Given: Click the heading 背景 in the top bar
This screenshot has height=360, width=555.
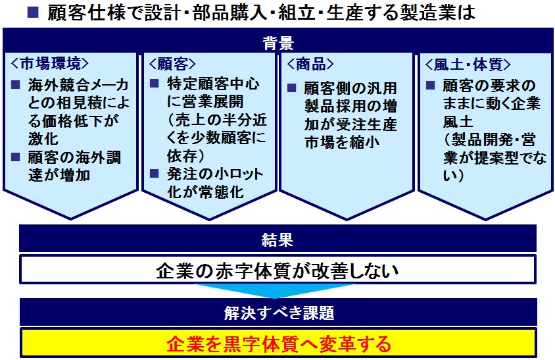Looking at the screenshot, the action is pyautogui.click(x=278, y=43).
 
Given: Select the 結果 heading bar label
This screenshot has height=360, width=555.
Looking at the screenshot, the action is pyautogui.click(x=277, y=240).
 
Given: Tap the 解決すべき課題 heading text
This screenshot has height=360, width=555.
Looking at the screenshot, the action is pyautogui.click(x=279, y=313).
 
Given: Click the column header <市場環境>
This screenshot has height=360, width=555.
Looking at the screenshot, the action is pyautogui.click(x=49, y=64).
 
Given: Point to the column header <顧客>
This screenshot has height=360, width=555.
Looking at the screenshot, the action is pyautogui.click(x=172, y=64).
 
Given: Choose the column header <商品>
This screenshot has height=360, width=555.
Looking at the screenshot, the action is pyautogui.click(x=310, y=64).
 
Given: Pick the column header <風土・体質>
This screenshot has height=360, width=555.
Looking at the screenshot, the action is pyautogui.click(x=468, y=64).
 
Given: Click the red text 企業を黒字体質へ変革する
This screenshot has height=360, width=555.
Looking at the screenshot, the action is pyautogui.click(x=279, y=344).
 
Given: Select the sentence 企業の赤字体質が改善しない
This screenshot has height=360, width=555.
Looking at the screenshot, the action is pyautogui.click(x=277, y=271).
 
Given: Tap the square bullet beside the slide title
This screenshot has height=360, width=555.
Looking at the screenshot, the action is pyautogui.click(x=33, y=13).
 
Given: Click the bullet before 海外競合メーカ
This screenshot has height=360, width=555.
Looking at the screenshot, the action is pyautogui.click(x=16, y=85).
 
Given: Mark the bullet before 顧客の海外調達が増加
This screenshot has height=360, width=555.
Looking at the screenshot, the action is pyautogui.click(x=16, y=157).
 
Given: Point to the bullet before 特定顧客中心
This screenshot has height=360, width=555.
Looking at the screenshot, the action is pyautogui.click(x=154, y=84).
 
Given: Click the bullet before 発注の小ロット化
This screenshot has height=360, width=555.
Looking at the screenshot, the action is pyautogui.click(x=154, y=173).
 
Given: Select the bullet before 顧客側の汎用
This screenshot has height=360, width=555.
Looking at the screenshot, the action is pyautogui.click(x=292, y=88).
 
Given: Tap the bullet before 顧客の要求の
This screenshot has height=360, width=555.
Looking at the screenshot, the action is pyautogui.click(x=430, y=85).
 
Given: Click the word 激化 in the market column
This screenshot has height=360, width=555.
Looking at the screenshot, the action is pyautogui.click(x=43, y=139).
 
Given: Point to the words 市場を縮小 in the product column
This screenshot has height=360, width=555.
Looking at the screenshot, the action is pyautogui.click(x=341, y=142).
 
